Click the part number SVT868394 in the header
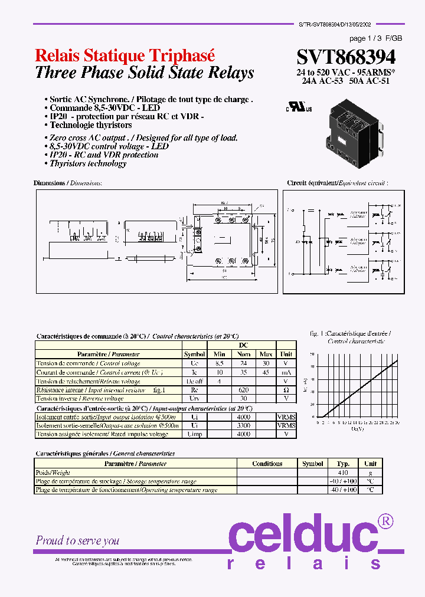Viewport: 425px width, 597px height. pyautogui.click(x=346, y=57)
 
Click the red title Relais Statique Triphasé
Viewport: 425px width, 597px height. pyautogui.click(x=125, y=55)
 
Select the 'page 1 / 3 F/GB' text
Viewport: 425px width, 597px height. pyautogui.click(x=376, y=38)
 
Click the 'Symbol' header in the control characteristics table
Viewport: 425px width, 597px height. pyautogui.click(x=195, y=354)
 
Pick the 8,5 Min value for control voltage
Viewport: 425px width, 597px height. pyautogui.click(x=220, y=363)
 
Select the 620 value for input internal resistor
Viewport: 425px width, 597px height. pyautogui.click(x=243, y=390)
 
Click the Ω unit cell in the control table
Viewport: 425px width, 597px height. pyautogui.click(x=286, y=390)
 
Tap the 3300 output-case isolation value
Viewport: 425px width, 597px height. pyautogui.click(x=243, y=425)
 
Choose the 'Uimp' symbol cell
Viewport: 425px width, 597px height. pyautogui.click(x=195, y=434)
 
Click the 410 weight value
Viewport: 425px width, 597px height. pyautogui.click(x=343, y=473)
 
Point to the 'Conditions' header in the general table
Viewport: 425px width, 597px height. pyautogui.click(x=267, y=464)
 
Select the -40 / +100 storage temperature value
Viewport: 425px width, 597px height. pyautogui.click(x=343, y=481)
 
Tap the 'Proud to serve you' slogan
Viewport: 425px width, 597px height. pyautogui.click(x=77, y=540)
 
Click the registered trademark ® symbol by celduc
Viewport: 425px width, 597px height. pyautogui.click(x=385, y=521)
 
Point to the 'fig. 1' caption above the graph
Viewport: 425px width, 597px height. pyautogui.click(x=318, y=334)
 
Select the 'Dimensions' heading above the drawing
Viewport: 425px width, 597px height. pyautogui.click(x=50, y=183)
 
